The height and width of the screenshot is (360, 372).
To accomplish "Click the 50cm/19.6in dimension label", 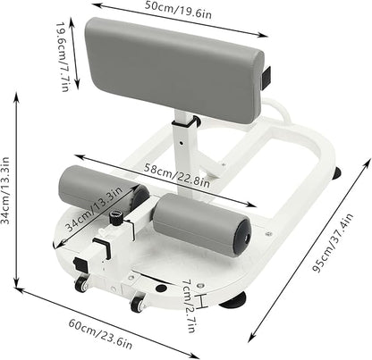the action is coord(178,10).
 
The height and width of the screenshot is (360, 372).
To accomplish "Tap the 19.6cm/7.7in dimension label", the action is coord(63,56).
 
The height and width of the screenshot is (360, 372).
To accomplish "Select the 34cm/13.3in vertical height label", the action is coord(5,190).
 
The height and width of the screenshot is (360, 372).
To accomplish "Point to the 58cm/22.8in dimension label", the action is coord(177,176).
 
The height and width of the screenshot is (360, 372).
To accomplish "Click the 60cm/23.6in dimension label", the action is coord(100,333).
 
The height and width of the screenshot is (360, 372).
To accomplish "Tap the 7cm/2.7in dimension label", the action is coord(189,306).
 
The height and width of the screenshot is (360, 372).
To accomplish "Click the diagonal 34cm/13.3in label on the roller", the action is coord(94,209).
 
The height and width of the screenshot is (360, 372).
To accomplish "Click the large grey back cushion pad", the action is coord(174,69).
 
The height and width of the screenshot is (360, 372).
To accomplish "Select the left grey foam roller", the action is coord(103,187).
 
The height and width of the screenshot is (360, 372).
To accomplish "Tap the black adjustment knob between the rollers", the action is coord(116,218).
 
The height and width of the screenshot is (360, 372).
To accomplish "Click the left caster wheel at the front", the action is coord(81,283).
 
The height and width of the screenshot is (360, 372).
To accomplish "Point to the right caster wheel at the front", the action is coord(138,303).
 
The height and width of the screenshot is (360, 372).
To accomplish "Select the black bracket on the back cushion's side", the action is coord(266,78).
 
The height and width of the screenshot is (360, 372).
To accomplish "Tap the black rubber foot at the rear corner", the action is coord(337,173).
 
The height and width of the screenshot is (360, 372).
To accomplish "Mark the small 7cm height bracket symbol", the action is coord(202,301).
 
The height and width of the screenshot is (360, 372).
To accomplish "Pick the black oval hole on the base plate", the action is coord(161,288).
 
